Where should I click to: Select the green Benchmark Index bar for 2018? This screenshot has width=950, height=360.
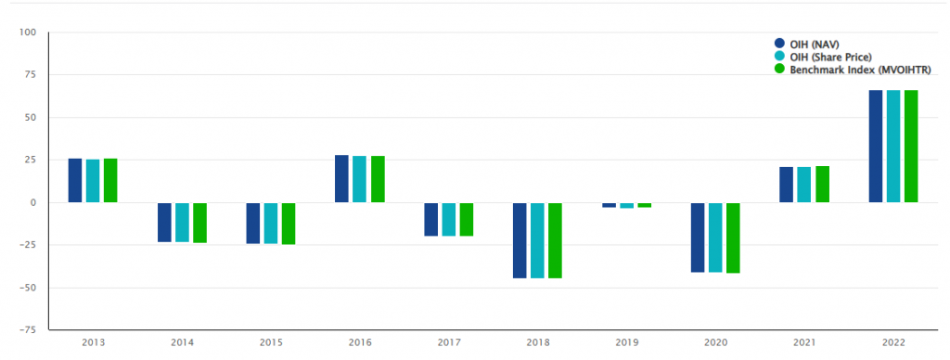point(555,239)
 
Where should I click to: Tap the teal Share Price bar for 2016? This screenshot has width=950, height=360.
point(359,179)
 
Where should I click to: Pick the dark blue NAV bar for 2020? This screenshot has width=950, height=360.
point(697,237)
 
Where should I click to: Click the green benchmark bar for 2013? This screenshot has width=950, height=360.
point(110,181)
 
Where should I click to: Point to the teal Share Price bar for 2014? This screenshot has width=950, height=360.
point(182,222)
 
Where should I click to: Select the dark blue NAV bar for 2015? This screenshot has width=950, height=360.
point(252,223)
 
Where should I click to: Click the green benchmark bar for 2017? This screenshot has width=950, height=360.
point(467,219)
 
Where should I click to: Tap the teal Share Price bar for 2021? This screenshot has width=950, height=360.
point(804,185)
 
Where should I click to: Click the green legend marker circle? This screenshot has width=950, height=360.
point(779,70)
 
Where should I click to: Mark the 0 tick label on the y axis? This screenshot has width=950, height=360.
point(32,202)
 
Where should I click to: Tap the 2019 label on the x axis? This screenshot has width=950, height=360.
point(626,342)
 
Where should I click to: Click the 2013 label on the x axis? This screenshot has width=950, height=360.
point(93,342)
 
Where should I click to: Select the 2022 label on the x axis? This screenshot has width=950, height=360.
point(892,342)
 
